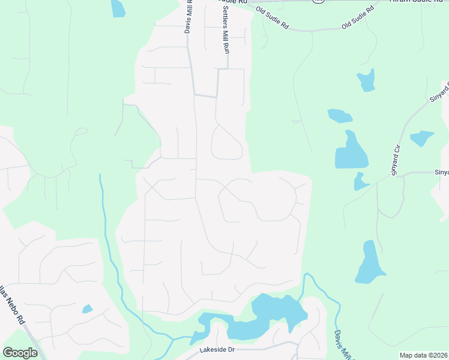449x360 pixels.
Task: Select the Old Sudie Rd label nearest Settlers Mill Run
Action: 273,19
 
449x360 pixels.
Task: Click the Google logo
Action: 20,353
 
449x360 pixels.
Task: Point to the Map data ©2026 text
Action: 424,355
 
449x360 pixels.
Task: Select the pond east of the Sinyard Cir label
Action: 422,138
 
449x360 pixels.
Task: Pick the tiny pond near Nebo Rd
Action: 88,309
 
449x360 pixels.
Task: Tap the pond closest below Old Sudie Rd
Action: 366,80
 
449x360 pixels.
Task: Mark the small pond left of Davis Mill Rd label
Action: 118,8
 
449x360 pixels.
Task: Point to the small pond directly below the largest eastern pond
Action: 361,181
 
